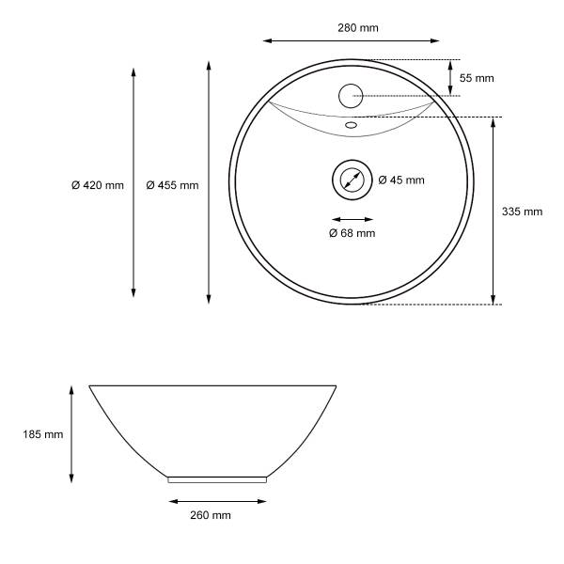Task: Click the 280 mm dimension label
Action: (x=358, y=27)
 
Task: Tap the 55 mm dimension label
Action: (x=477, y=78)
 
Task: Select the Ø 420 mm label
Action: (x=98, y=185)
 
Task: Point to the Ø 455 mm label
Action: (x=172, y=185)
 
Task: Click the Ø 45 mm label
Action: (x=401, y=180)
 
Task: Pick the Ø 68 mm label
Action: (x=352, y=233)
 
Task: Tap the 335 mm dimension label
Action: (x=523, y=211)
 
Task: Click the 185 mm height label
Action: (x=43, y=434)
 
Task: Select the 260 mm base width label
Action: (x=211, y=515)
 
